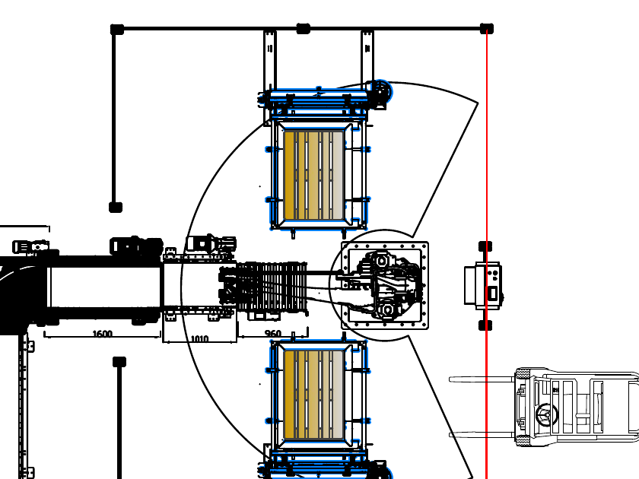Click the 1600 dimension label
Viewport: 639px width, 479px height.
pyautogui.click(x=102, y=334)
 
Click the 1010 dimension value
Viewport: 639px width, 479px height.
pyautogui.click(x=199, y=339)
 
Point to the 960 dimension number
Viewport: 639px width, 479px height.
pyautogui.click(x=272, y=334)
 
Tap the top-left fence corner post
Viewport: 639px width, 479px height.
pyautogui.click(x=117, y=30)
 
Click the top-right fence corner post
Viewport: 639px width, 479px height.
pyautogui.click(x=487, y=29)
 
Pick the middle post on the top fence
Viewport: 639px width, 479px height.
pyautogui.click(x=304, y=29)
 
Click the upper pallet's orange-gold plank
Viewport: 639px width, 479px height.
pyautogui.click(x=289, y=175)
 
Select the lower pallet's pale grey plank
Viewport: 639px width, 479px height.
pyautogui.click(x=338, y=395)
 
